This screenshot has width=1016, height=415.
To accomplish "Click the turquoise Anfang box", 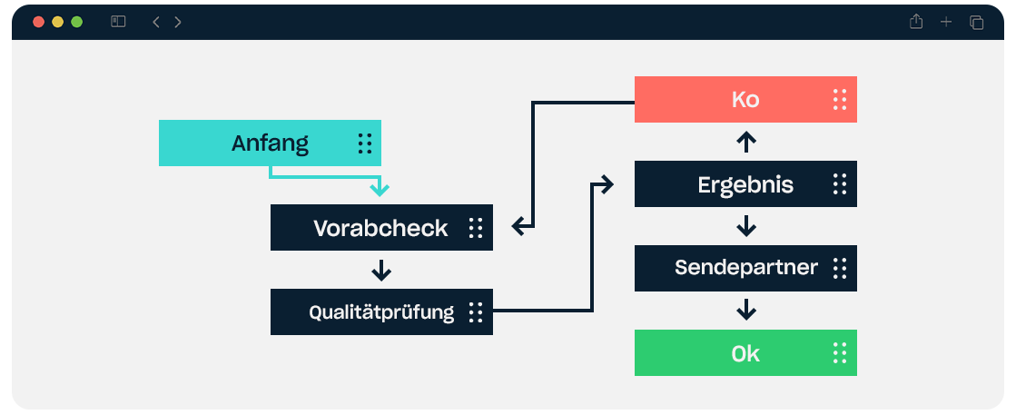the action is (270, 143).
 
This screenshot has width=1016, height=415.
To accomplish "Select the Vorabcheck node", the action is (381, 228).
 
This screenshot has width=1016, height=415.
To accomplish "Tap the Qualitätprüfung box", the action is (381, 311).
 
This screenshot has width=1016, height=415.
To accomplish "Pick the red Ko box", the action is (745, 99).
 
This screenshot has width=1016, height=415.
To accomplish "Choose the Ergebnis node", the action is (745, 184).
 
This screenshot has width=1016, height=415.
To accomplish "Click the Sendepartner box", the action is (745, 269).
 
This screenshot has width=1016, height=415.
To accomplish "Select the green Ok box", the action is (745, 352).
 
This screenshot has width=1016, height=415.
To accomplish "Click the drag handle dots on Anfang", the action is (365, 143).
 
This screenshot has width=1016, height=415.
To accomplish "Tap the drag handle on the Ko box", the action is (840, 99).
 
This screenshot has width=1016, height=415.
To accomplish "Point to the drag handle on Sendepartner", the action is (840, 269).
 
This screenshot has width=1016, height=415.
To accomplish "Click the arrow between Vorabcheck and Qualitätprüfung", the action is (381, 270).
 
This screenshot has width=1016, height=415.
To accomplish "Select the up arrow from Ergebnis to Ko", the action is (746, 142).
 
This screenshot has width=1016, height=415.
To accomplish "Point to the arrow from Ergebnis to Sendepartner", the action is (746, 225).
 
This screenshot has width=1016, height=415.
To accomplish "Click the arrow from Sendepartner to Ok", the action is (746, 310).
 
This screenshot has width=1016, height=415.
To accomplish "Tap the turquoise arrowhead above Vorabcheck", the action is (380, 189).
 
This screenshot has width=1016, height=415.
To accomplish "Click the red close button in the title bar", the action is (38, 22).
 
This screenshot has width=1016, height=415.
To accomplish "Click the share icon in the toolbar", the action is (915, 22).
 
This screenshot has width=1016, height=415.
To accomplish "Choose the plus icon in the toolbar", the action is (946, 22).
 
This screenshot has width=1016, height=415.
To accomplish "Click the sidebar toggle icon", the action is (118, 22).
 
